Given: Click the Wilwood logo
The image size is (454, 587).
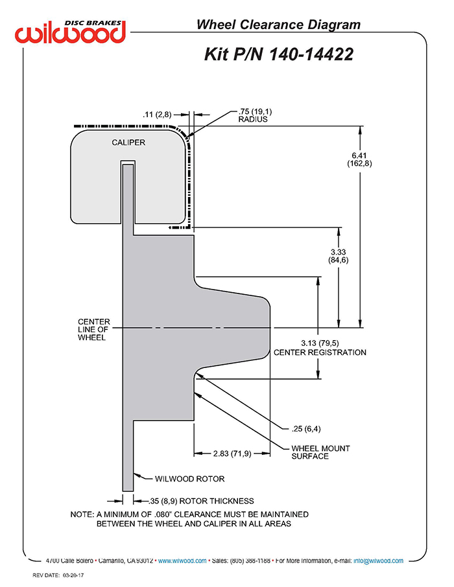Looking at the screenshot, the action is point(70,32).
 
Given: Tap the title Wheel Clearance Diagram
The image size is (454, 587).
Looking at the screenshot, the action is point(278,25).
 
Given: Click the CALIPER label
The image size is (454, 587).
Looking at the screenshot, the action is point(128,143).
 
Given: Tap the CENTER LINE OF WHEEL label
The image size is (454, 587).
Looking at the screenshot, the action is point(94,329).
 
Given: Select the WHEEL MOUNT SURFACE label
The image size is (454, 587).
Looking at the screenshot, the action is point(320,452).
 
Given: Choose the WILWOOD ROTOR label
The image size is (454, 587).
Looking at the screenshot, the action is point(189,479).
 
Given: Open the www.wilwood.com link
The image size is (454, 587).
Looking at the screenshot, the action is point(182,561).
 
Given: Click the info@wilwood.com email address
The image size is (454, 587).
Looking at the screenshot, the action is point(378,561).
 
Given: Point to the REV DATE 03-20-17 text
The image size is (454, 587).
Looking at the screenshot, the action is point(58,575).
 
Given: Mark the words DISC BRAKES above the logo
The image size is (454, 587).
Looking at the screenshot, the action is point(93,23).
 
